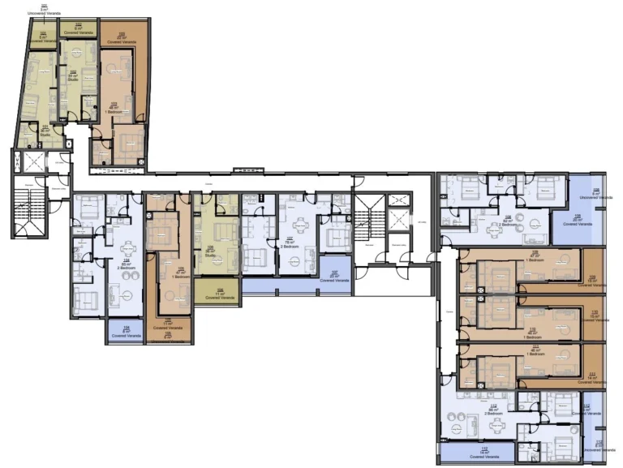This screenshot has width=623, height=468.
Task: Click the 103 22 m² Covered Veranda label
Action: [x=122, y=35]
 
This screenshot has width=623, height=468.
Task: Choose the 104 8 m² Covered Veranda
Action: [x=125, y=330]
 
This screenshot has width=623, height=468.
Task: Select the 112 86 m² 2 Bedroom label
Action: [x=493, y=409]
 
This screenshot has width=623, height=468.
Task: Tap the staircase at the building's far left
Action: [x=31, y=208]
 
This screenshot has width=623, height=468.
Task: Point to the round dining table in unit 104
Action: [x=127, y=249]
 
